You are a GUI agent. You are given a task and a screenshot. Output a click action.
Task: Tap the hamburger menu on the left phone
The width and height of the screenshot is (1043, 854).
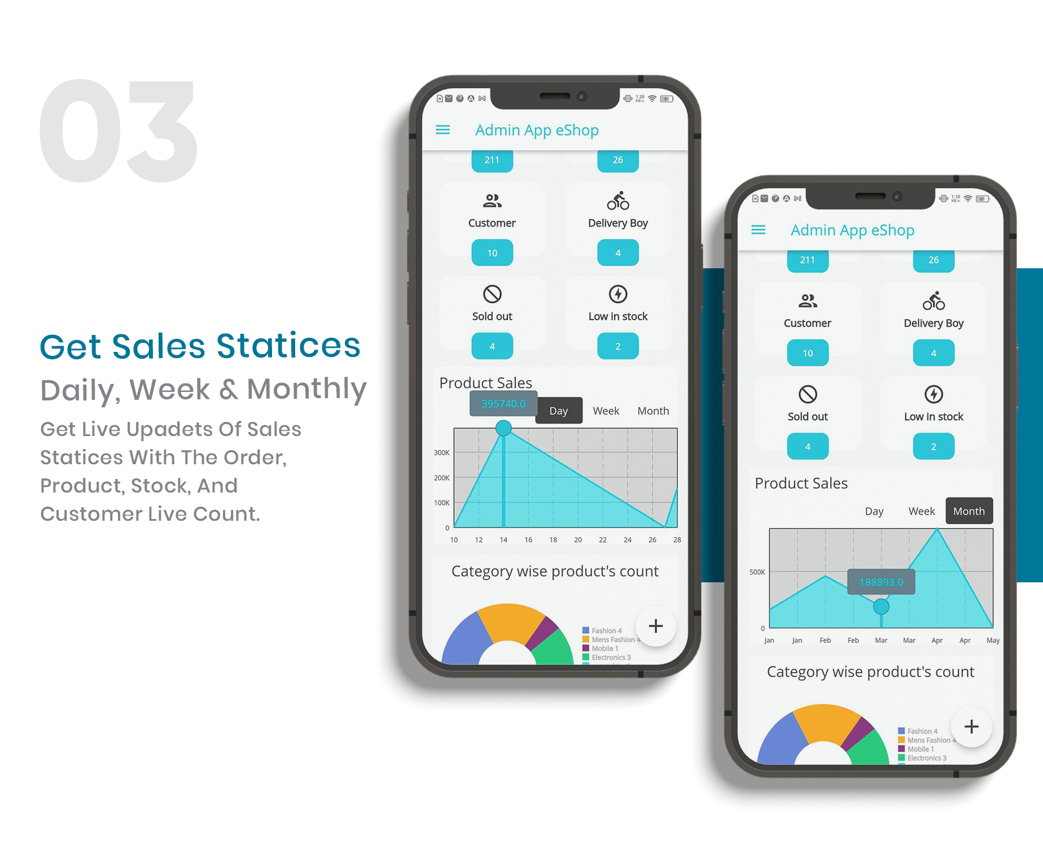(x=443, y=130)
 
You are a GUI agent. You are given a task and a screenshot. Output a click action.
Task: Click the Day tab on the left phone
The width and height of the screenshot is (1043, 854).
(x=559, y=411)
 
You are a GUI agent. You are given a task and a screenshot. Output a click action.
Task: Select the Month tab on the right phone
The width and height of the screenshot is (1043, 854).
(x=969, y=511)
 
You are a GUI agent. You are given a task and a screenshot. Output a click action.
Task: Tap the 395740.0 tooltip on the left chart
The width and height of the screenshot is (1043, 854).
(x=503, y=404)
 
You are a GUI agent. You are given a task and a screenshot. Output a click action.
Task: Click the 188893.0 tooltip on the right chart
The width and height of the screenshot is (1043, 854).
(x=881, y=582)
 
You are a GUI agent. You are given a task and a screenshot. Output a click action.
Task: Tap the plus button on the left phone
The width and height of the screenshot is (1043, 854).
(x=655, y=626)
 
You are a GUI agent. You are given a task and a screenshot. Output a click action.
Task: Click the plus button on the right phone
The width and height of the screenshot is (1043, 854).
(x=971, y=726)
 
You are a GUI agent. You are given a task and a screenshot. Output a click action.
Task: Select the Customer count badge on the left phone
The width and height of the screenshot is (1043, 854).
(x=492, y=253)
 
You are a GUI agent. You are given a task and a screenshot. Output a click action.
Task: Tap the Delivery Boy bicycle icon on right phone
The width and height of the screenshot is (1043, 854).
(x=934, y=301)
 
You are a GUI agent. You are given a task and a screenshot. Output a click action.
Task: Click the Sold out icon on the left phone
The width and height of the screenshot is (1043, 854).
(x=492, y=294)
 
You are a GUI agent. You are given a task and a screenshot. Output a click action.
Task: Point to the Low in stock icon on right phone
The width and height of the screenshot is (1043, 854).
(x=934, y=394)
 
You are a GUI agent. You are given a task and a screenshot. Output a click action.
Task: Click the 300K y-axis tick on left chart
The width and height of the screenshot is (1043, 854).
(x=441, y=453)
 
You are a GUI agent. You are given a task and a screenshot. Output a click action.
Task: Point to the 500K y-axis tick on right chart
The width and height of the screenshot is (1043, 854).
(x=757, y=572)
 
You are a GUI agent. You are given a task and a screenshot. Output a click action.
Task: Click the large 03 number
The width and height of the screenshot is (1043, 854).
(x=119, y=132)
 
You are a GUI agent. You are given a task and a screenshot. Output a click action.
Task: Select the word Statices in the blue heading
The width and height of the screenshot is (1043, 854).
(x=288, y=346)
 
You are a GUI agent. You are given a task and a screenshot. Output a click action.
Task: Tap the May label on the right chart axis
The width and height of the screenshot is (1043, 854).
(x=993, y=640)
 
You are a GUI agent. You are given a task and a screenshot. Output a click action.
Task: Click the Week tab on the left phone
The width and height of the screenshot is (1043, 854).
(x=606, y=411)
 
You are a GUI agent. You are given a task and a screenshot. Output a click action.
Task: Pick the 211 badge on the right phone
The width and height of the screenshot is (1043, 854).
(x=808, y=260)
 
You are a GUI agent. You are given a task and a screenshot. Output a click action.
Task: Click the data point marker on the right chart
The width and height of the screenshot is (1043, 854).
(x=881, y=607)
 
